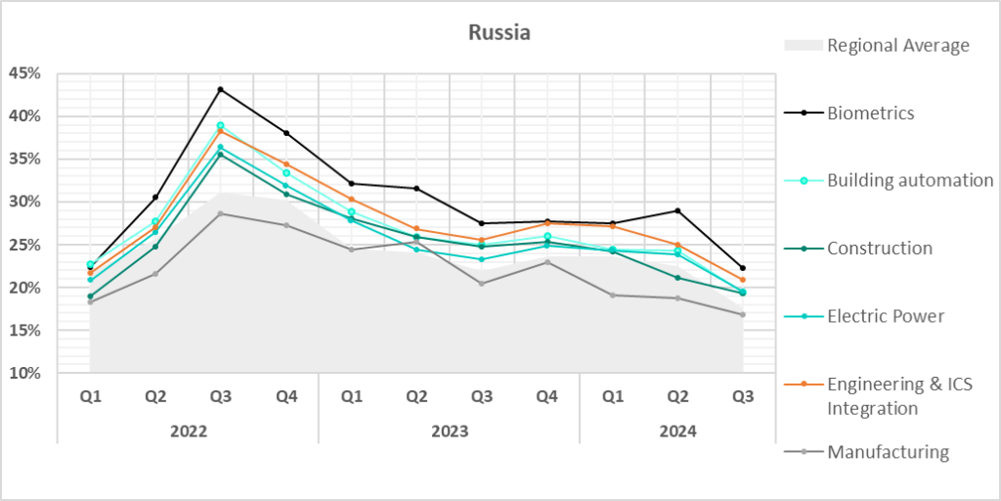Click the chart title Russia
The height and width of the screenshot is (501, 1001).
500,32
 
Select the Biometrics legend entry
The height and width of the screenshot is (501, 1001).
871,113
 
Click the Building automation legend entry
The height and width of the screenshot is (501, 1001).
910,180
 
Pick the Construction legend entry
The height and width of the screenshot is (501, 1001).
879,248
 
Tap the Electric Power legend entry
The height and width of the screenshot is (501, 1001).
886,315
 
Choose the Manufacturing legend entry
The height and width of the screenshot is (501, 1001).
888,451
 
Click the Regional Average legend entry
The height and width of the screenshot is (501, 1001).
897,45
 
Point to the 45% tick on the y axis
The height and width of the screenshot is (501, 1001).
24,73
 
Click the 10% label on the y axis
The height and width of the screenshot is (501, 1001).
24,373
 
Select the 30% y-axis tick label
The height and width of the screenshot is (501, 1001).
24,202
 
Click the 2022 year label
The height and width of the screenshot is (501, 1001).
188,431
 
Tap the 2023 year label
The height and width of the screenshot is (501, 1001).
449,431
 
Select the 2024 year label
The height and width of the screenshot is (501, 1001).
677,431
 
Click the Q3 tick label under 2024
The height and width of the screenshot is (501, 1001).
743,397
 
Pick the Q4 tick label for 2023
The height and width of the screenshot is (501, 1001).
547,397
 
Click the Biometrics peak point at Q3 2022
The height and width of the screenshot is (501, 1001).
221,89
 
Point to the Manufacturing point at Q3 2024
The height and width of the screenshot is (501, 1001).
743,314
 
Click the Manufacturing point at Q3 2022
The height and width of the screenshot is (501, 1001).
221,213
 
